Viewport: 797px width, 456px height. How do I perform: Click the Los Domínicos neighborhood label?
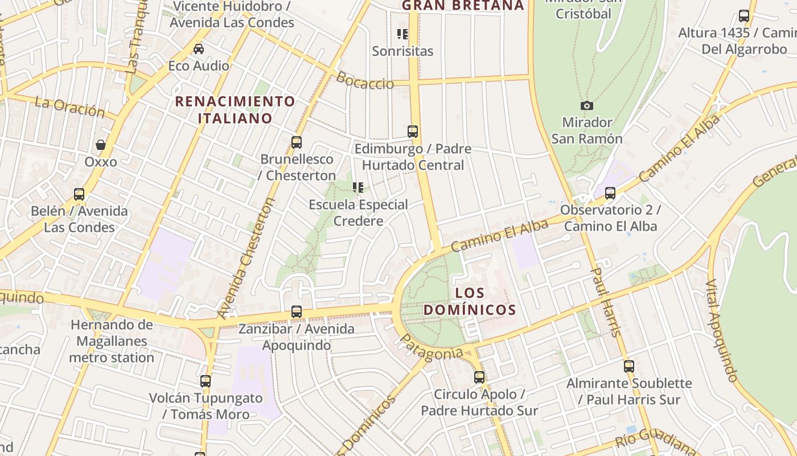point(486,302)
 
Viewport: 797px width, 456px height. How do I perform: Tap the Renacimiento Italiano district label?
point(235,109)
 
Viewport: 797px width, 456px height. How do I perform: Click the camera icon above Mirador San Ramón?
point(586,105)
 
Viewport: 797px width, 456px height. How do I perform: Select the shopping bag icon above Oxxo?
point(101,145)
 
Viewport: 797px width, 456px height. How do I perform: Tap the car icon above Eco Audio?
point(199,49)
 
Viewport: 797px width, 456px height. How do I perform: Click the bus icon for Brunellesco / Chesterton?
point(296,142)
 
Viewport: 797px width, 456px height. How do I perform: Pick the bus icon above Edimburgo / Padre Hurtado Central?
point(413,132)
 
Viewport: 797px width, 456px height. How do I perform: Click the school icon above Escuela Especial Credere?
point(358,188)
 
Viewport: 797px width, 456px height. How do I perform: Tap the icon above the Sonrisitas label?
point(402,34)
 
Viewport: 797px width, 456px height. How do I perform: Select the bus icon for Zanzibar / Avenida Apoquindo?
point(296,312)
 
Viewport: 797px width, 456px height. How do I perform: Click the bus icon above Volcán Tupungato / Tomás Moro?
point(206,381)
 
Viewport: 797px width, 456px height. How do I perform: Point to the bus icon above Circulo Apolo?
point(479,377)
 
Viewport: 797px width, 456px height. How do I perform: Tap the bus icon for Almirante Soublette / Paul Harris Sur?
point(628,367)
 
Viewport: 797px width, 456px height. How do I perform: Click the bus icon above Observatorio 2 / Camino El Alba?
point(610,193)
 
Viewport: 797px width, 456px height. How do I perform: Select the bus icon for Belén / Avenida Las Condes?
point(79,194)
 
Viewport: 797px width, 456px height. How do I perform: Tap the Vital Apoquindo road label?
point(722,330)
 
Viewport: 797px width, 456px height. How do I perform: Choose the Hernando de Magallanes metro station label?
point(112,341)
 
